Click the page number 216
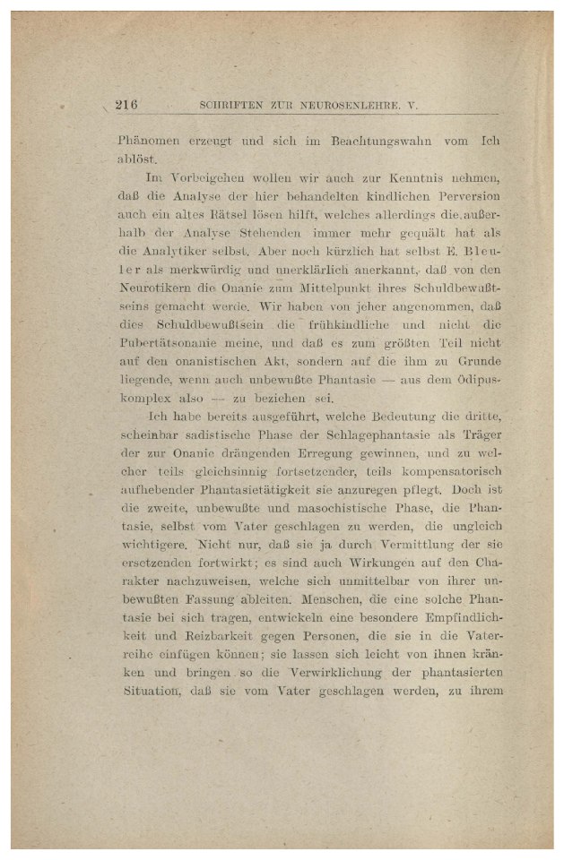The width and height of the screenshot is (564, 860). pos(126,105)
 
